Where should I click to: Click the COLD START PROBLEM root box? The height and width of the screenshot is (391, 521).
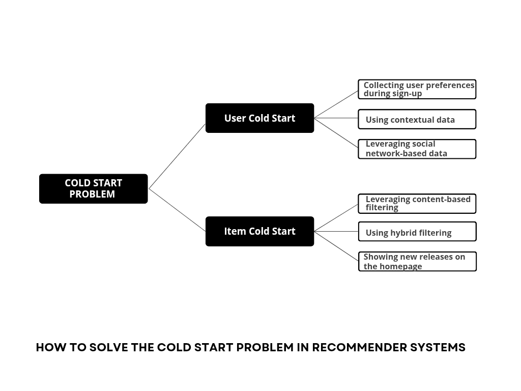point(93,188)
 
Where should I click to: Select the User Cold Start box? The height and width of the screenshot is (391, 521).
point(259,118)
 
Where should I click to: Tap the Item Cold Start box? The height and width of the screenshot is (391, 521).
point(259,231)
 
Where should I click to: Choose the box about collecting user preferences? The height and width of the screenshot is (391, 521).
point(417,89)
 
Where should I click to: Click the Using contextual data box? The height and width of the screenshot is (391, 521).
point(417,120)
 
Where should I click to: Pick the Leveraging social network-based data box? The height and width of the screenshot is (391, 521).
point(417,149)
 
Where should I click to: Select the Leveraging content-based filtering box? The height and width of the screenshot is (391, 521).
point(417,203)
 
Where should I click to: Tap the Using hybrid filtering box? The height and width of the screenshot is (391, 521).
point(417,232)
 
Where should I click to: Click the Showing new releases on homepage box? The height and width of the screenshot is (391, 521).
point(417,261)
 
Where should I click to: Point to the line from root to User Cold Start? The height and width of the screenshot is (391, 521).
point(177,156)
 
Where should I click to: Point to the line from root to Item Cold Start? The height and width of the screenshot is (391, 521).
point(177,210)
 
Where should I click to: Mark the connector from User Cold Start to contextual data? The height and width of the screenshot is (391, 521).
point(336,118)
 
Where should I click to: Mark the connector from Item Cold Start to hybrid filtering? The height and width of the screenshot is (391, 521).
point(336,231)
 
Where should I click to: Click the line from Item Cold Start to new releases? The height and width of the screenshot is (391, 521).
point(336,246)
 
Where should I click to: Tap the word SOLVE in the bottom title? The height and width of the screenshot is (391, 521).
point(108,348)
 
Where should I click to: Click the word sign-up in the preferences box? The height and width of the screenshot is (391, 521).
point(407,94)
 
